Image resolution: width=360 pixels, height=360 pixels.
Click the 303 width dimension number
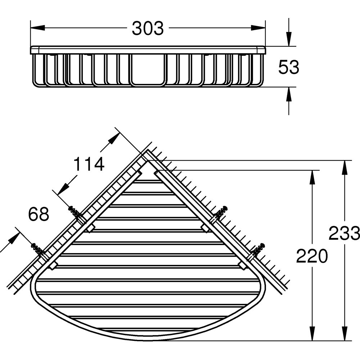click(x=148, y=28)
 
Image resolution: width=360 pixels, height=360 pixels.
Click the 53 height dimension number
click(x=289, y=67)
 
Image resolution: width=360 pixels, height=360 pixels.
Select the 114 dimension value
click(x=89, y=164)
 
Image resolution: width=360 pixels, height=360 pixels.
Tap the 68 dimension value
click(x=39, y=215)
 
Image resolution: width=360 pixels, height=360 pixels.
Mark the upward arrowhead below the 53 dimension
click(x=289, y=94)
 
